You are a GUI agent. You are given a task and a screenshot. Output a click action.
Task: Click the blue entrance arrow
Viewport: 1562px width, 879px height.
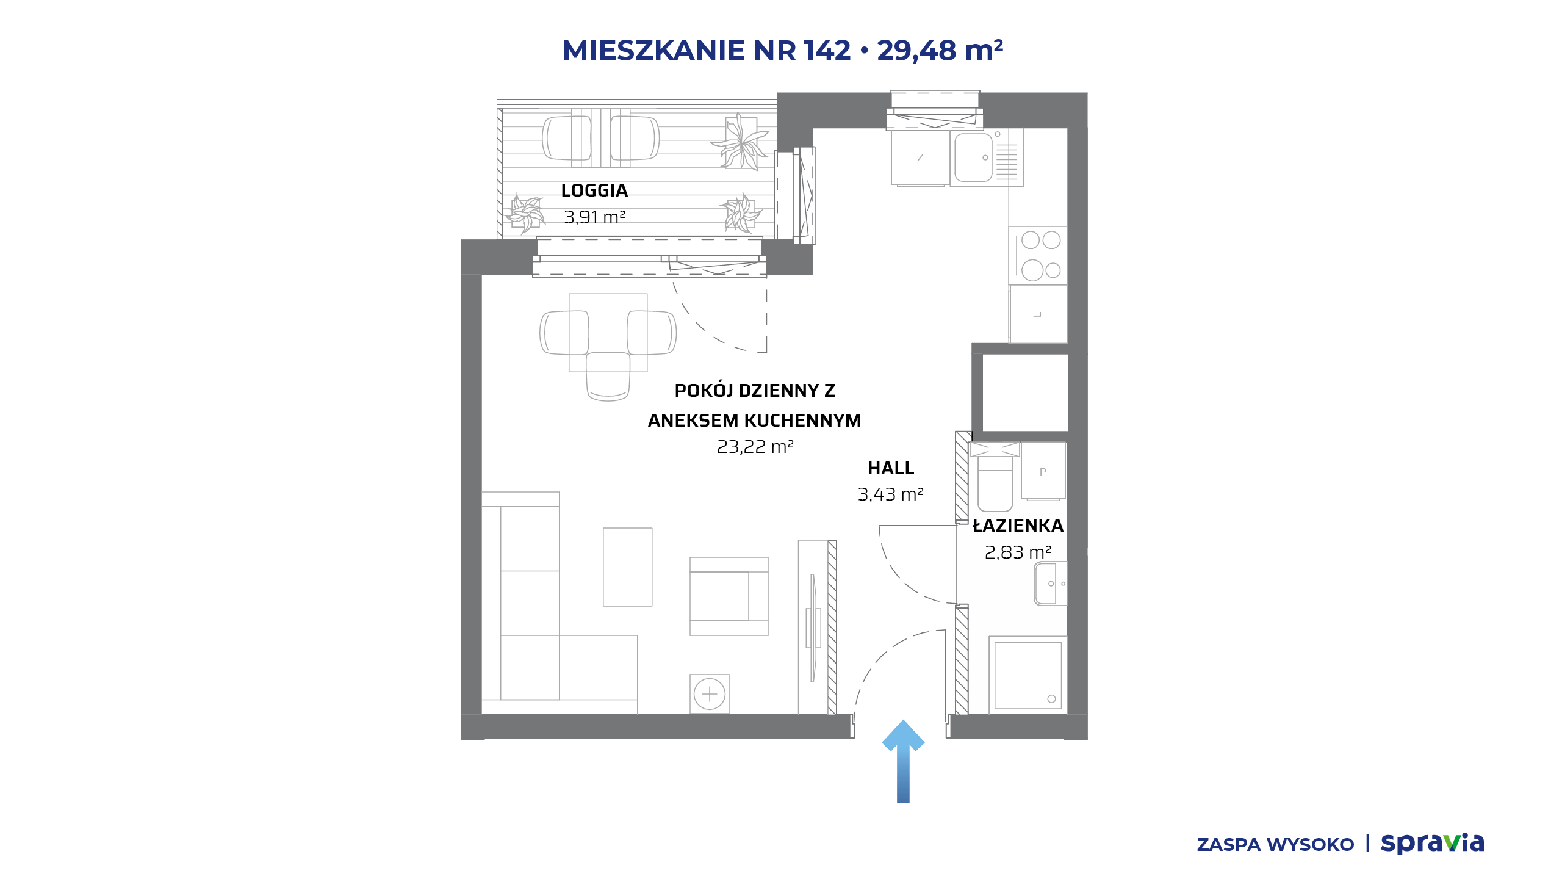click(x=903, y=761)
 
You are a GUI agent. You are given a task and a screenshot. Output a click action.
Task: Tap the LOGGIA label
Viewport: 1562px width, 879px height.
click(x=594, y=190)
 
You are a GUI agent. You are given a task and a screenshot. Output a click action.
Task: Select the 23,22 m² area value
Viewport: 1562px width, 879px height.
click(x=755, y=447)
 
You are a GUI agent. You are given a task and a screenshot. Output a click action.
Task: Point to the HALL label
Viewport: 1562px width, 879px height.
click(x=891, y=468)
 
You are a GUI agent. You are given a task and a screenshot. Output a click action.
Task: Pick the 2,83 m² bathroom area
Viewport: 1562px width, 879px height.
click(x=1018, y=552)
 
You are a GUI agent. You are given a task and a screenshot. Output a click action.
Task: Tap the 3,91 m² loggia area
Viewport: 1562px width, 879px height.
click(x=594, y=217)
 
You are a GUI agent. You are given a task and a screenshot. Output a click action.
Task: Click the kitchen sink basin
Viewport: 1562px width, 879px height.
click(x=973, y=157)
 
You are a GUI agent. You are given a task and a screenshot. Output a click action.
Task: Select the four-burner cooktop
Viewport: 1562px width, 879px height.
click(x=1038, y=255)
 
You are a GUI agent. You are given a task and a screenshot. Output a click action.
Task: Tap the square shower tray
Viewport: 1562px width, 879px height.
click(x=1028, y=675)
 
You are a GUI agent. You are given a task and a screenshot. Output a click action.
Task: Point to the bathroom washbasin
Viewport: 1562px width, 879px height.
click(x=1049, y=584)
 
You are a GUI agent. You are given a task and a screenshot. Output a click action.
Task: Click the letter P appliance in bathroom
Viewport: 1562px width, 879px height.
click(x=1043, y=471)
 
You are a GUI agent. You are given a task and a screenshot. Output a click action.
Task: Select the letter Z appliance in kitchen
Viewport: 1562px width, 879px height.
click(x=921, y=157)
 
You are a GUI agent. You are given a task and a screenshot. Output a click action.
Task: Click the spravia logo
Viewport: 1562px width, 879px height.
click(x=1432, y=843)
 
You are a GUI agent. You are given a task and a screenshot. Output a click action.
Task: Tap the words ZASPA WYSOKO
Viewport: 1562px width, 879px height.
click(x=1275, y=845)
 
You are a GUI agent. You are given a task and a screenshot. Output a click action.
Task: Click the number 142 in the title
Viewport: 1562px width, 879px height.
click(x=827, y=50)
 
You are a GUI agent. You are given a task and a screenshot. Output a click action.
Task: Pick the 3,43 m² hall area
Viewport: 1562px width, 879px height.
click(x=891, y=494)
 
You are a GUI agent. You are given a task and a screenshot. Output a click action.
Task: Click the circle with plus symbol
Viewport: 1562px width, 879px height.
click(x=710, y=694)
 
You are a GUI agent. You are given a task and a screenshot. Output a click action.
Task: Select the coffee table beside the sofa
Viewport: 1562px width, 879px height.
click(x=628, y=567)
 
